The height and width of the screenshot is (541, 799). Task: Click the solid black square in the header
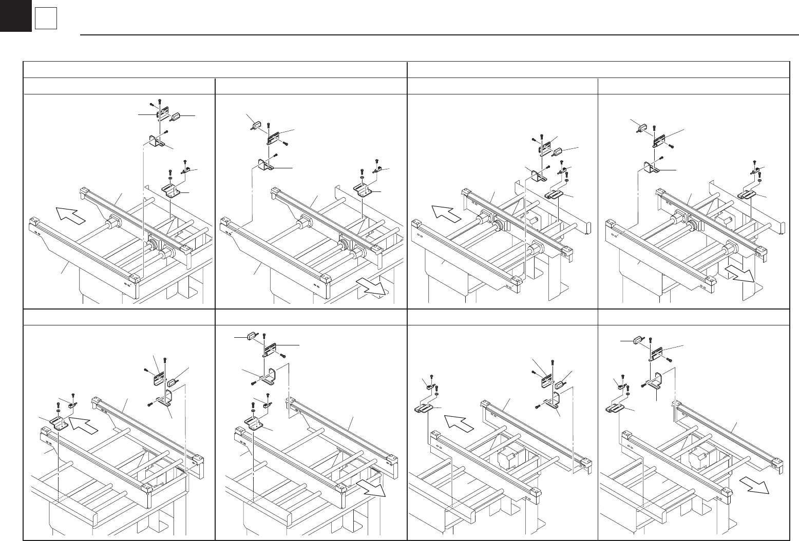click(x=15, y=15)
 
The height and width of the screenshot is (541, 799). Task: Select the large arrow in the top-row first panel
click(x=70, y=215)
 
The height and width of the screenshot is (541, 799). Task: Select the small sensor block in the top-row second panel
click(x=256, y=123)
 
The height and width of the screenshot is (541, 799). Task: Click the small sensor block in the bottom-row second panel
click(x=251, y=336)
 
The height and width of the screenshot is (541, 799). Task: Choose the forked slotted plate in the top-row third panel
click(x=554, y=195)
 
